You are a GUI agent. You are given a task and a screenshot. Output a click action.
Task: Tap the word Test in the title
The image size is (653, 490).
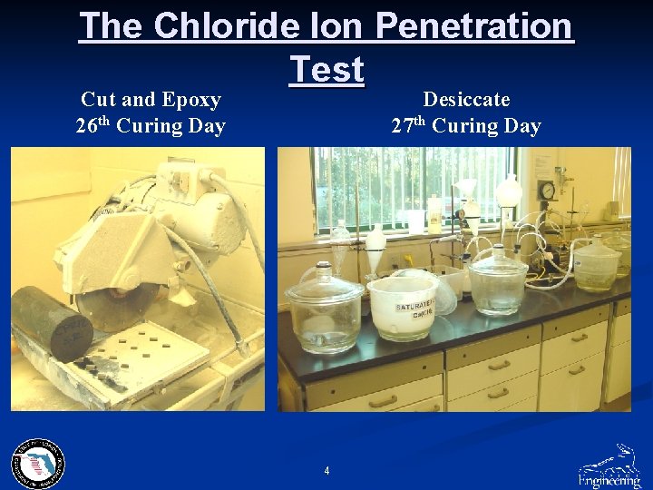pyautogui.click(x=326, y=69)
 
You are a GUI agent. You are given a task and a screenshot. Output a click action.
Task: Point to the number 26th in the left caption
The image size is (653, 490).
pyautogui.click(x=92, y=125)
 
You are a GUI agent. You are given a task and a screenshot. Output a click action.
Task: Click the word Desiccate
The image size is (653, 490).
pyautogui.click(x=466, y=100)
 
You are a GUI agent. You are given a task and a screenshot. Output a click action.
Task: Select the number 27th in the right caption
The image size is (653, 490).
pyautogui.click(x=407, y=125)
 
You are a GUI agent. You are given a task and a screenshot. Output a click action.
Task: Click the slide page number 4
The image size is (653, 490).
pyautogui.click(x=326, y=470)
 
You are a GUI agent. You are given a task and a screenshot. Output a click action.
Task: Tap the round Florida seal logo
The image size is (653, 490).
pyautogui.click(x=38, y=464)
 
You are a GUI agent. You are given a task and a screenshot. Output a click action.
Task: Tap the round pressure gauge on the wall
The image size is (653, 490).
pyautogui.click(x=546, y=191)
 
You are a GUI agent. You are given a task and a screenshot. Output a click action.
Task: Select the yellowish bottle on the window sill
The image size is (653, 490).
pyautogui.click(x=435, y=215)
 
